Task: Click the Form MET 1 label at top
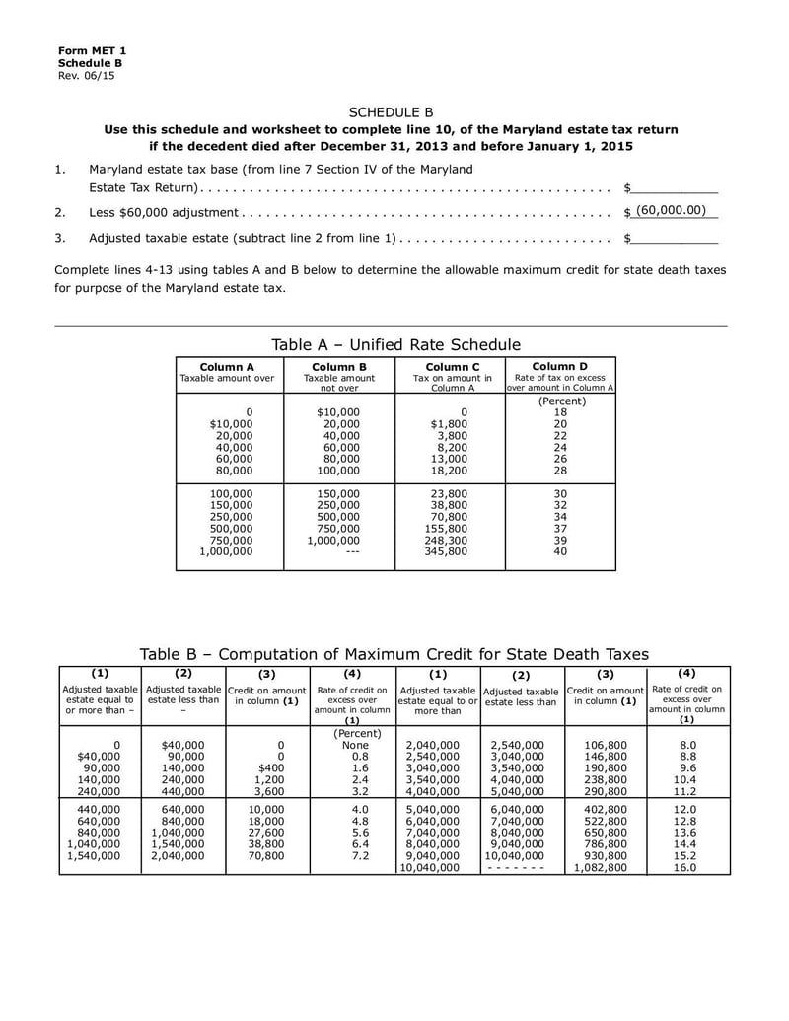[x=92, y=50]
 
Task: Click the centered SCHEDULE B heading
[x=392, y=112]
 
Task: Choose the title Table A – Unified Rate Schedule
[x=395, y=344]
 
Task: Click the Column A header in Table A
[x=227, y=366]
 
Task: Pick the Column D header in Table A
[x=560, y=366]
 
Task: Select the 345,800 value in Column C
[x=451, y=552]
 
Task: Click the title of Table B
[x=394, y=654]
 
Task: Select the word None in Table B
[x=350, y=745]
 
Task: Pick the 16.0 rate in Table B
[x=687, y=868]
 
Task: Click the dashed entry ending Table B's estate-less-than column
[x=520, y=868]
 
